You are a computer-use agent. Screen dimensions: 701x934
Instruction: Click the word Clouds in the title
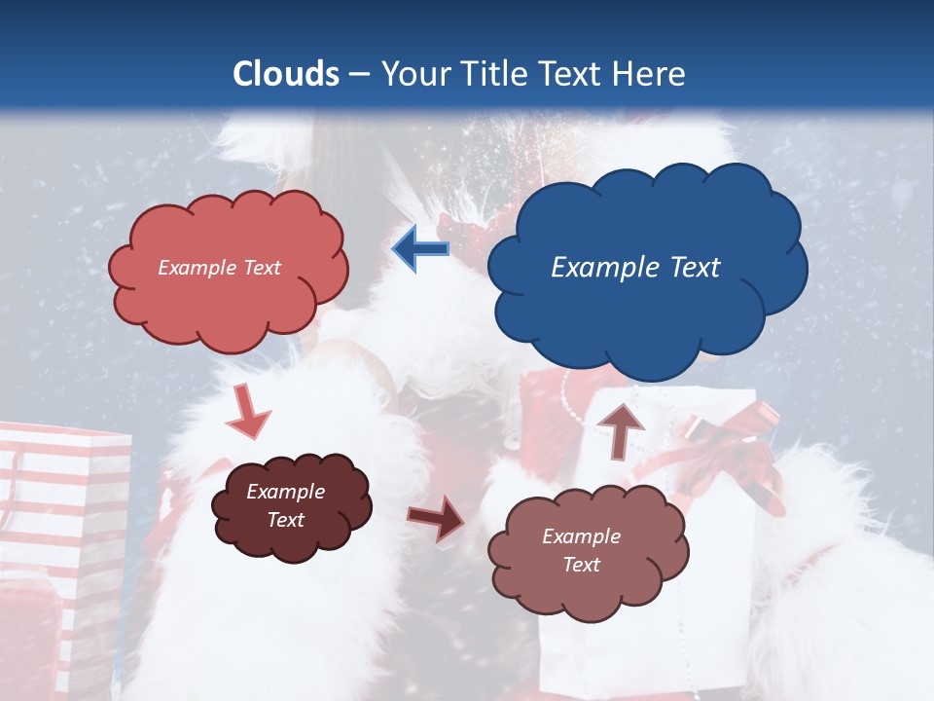click(x=286, y=74)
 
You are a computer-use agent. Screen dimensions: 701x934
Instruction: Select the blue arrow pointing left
click(x=420, y=249)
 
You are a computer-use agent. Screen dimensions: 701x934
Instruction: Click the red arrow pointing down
click(x=248, y=413)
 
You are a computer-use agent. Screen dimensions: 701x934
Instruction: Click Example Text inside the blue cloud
click(x=635, y=268)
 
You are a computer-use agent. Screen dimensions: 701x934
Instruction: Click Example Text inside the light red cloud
click(x=219, y=268)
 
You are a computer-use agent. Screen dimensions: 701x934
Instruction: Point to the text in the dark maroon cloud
click(x=285, y=505)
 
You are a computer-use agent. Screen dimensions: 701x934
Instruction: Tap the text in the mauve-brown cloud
click(x=581, y=550)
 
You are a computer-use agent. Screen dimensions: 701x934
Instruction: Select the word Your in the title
click(x=410, y=74)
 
